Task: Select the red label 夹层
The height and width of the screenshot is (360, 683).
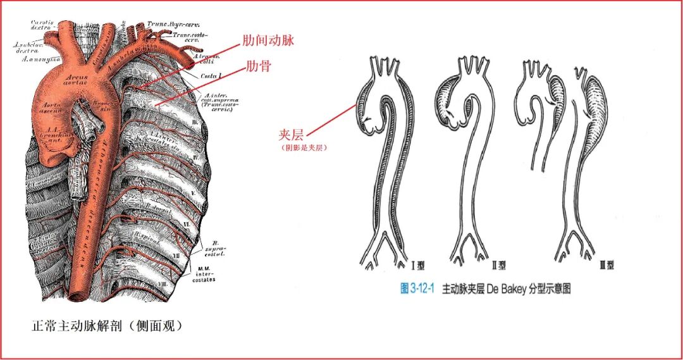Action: [292, 135]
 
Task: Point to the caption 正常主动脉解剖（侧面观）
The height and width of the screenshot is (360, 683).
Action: [107, 326]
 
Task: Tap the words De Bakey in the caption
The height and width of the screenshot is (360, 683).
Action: [505, 289]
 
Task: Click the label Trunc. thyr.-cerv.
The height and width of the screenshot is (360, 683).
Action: [169, 24]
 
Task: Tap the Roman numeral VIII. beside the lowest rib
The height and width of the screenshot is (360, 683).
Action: [181, 284]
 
